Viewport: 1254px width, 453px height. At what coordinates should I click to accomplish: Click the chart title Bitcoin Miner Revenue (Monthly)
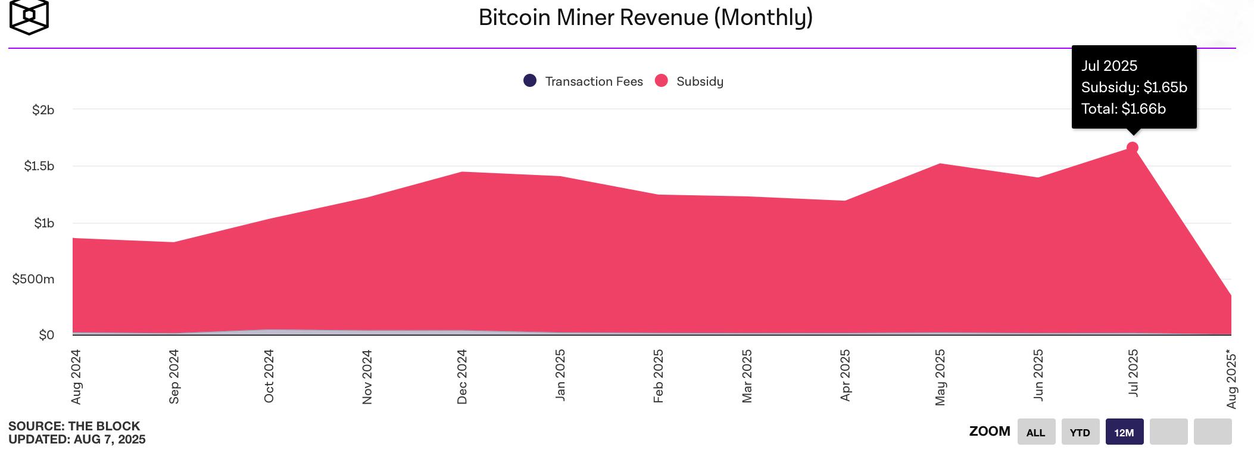(645, 17)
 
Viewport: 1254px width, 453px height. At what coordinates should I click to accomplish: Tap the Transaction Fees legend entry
(583, 81)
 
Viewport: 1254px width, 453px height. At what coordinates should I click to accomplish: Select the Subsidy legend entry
(689, 81)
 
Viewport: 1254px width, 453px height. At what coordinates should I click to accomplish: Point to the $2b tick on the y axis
(43, 110)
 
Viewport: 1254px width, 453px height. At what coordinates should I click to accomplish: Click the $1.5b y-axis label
(39, 166)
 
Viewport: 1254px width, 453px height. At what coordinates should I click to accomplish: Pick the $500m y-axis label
(33, 279)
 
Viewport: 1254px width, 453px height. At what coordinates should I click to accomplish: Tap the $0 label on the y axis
(46, 335)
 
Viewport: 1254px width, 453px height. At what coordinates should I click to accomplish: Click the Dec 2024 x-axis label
(462, 377)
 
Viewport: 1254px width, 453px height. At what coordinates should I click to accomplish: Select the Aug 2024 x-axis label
(76, 377)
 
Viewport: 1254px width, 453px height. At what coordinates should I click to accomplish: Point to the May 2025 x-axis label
(940, 377)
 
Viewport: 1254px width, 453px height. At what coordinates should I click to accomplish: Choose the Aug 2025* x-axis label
(1231, 380)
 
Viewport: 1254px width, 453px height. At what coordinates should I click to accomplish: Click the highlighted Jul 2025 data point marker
(1133, 148)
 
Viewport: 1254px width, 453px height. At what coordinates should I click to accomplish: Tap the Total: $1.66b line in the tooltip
(1123, 109)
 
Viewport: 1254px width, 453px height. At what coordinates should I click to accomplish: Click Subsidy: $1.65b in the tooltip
(1134, 88)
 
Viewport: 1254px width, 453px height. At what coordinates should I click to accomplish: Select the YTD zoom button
(1080, 432)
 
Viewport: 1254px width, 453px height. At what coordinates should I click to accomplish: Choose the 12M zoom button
(1124, 432)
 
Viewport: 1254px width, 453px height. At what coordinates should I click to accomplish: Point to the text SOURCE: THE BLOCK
(74, 426)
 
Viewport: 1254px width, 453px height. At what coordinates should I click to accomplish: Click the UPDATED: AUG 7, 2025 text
(77, 439)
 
